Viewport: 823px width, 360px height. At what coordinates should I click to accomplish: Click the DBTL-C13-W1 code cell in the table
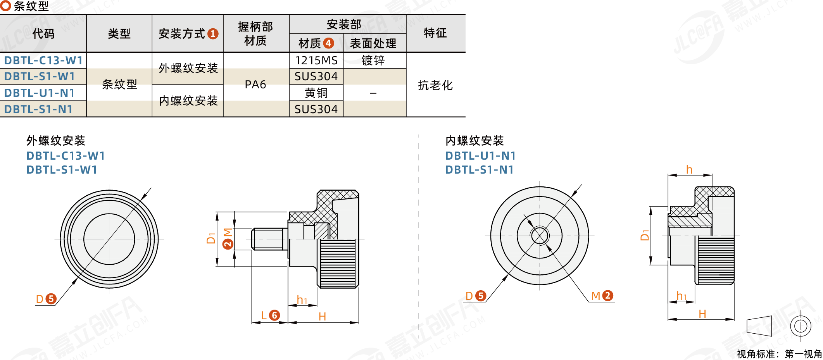(x=43, y=60)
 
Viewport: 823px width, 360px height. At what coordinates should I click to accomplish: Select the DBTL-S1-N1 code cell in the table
(x=39, y=109)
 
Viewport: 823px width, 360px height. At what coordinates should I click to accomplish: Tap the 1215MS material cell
(x=316, y=60)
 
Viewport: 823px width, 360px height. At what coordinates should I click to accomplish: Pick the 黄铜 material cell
(x=316, y=93)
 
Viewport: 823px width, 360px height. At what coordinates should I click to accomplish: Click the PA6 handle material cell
(x=255, y=84)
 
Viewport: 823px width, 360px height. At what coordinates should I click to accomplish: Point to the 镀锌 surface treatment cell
(x=373, y=60)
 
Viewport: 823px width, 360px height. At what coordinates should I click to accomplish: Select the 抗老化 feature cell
(x=435, y=85)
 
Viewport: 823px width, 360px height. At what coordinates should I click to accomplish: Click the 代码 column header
(x=43, y=34)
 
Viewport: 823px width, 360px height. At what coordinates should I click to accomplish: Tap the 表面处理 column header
(x=373, y=43)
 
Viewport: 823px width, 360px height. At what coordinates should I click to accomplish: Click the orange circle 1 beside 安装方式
(x=213, y=34)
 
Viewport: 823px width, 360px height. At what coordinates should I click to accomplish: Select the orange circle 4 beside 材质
(x=328, y=43)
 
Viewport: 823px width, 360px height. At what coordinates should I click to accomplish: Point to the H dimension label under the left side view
(x=322, y=317)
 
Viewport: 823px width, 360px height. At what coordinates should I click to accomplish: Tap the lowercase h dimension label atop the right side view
(x=689, y=170)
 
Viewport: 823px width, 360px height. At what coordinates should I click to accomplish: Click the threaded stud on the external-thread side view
(x=267, y=239)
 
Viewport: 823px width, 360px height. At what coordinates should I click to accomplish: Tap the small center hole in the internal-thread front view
(x=540, y=235)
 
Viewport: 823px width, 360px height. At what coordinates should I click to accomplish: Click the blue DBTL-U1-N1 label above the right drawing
(x=480, y=156)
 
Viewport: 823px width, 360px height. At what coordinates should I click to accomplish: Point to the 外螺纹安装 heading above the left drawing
(x=56, y=140)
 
